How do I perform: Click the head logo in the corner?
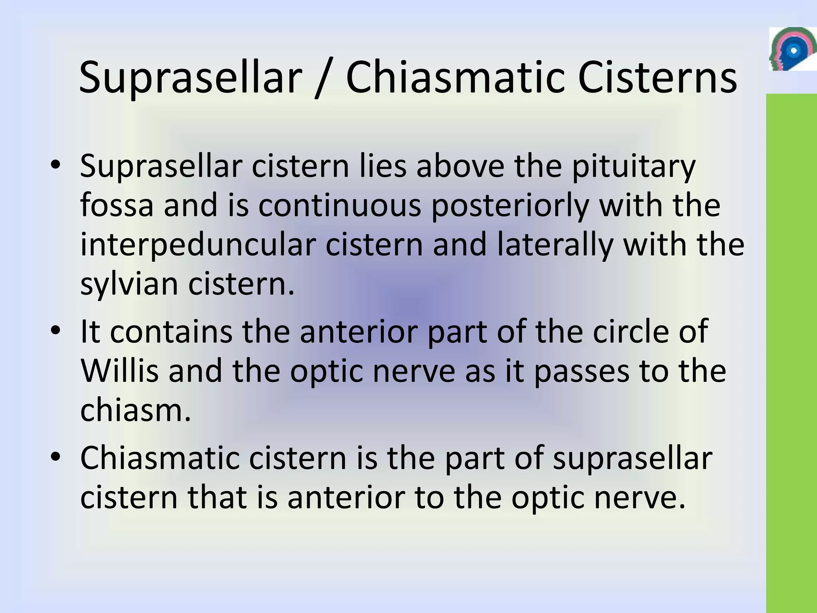792,49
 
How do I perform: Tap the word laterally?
555,245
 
